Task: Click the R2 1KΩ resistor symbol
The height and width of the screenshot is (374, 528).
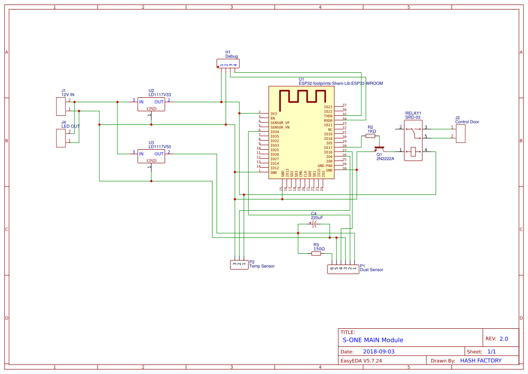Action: pos(370,136)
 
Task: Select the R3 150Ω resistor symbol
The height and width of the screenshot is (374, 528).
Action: pos(316,254)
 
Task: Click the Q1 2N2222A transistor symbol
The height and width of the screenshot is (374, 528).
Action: pos(380,149)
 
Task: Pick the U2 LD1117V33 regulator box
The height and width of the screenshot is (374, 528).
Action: pos(151,105)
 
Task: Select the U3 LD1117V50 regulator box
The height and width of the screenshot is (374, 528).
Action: pos(151,157)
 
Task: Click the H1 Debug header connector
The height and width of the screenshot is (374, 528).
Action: pos(228,63)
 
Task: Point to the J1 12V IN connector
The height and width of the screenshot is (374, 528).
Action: pos(61,106)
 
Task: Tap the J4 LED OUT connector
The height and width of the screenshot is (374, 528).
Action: pos(61,138)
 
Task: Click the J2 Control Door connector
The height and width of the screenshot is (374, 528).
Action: pos(460,133)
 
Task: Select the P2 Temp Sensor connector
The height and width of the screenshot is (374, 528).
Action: pos(239,264)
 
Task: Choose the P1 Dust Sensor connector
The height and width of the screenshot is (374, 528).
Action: pos(343,270)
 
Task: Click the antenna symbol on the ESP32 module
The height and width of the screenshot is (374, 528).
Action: pos(302,99)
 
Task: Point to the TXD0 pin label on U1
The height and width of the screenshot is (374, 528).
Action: pos(328,116)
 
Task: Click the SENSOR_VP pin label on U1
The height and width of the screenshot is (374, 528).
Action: pos(280,123)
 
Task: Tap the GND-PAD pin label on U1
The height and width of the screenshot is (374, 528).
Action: pos(325,166)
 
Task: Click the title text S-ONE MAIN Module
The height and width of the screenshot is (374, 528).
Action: pos(373,340)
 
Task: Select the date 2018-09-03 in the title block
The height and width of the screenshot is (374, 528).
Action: pos(378,351)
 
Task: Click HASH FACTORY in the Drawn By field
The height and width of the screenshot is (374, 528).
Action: pos(481,360)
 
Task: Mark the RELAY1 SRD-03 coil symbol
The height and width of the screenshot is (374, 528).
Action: pos(413,152)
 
